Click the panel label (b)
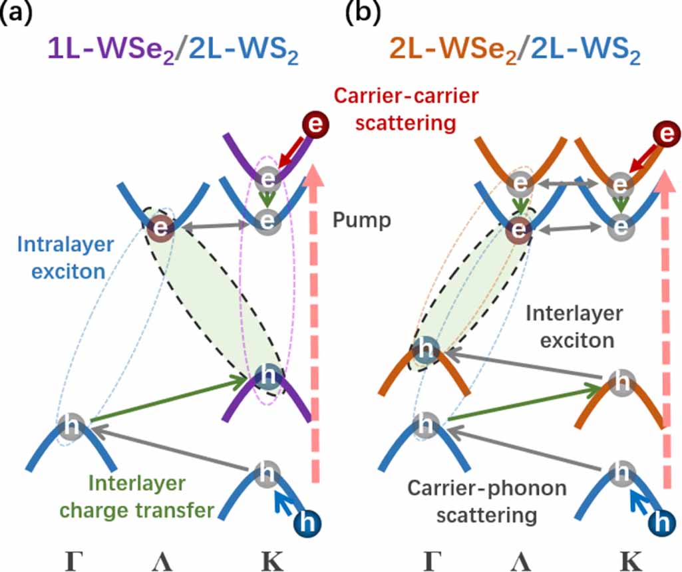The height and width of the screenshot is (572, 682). pyautogui.click(x=363, y=13)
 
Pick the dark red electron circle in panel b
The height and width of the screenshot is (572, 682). pyautogui.click(x=662, y=132)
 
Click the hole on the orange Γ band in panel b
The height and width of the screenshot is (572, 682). pyautogui.click(x=425, y=350)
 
